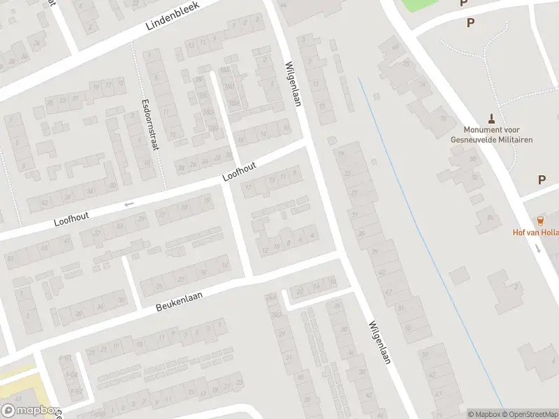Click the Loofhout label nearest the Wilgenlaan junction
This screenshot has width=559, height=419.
[x=239, y=171]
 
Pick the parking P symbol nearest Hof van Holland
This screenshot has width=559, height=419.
[x=542, y=179]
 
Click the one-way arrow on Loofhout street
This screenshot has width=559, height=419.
[x=128, y=204]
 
